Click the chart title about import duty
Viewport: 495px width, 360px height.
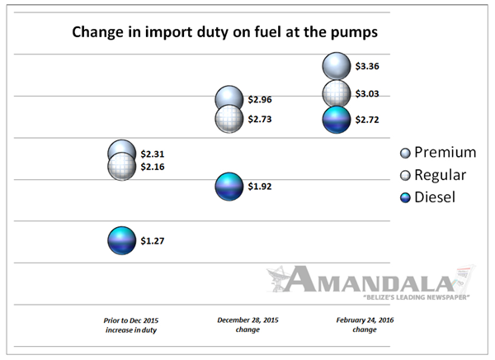[x=224, y=32]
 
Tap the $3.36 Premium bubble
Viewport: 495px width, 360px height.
[x=337, y=66]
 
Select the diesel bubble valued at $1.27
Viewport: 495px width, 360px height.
[x=122, y=240]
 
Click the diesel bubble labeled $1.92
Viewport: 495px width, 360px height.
[x=229, y=187]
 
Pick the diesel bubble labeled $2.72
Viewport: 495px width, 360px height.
[x=337, y=120]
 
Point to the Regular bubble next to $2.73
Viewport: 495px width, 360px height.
[x=229, y=119]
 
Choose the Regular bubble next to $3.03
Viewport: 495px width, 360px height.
[x=337, y=94]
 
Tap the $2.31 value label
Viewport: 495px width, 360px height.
[x=153, y=154]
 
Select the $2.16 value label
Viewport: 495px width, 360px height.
[x=153, y=167]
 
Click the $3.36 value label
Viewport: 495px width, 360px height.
[x=367, y=66]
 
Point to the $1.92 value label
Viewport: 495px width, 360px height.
[x=260, y=187]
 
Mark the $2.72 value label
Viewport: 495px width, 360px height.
[x=367, y=120]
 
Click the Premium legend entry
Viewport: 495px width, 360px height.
[x=438, y=153]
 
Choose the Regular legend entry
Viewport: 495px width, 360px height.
[x=433, y=175]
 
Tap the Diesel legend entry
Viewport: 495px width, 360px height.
[x=427, y=197]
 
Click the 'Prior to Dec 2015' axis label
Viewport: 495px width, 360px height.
[x=131, y=325]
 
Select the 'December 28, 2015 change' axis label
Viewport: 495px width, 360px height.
[x=247, y=324]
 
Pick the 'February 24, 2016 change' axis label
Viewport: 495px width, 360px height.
[x=365, y=324]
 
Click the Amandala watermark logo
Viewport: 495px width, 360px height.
[x=370, y=282]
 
